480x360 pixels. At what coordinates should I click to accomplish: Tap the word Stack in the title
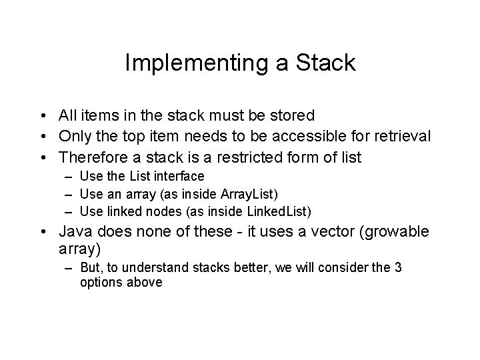click(x=323, y=63)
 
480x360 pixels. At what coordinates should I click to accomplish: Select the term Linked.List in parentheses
click(x=279, y=211)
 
